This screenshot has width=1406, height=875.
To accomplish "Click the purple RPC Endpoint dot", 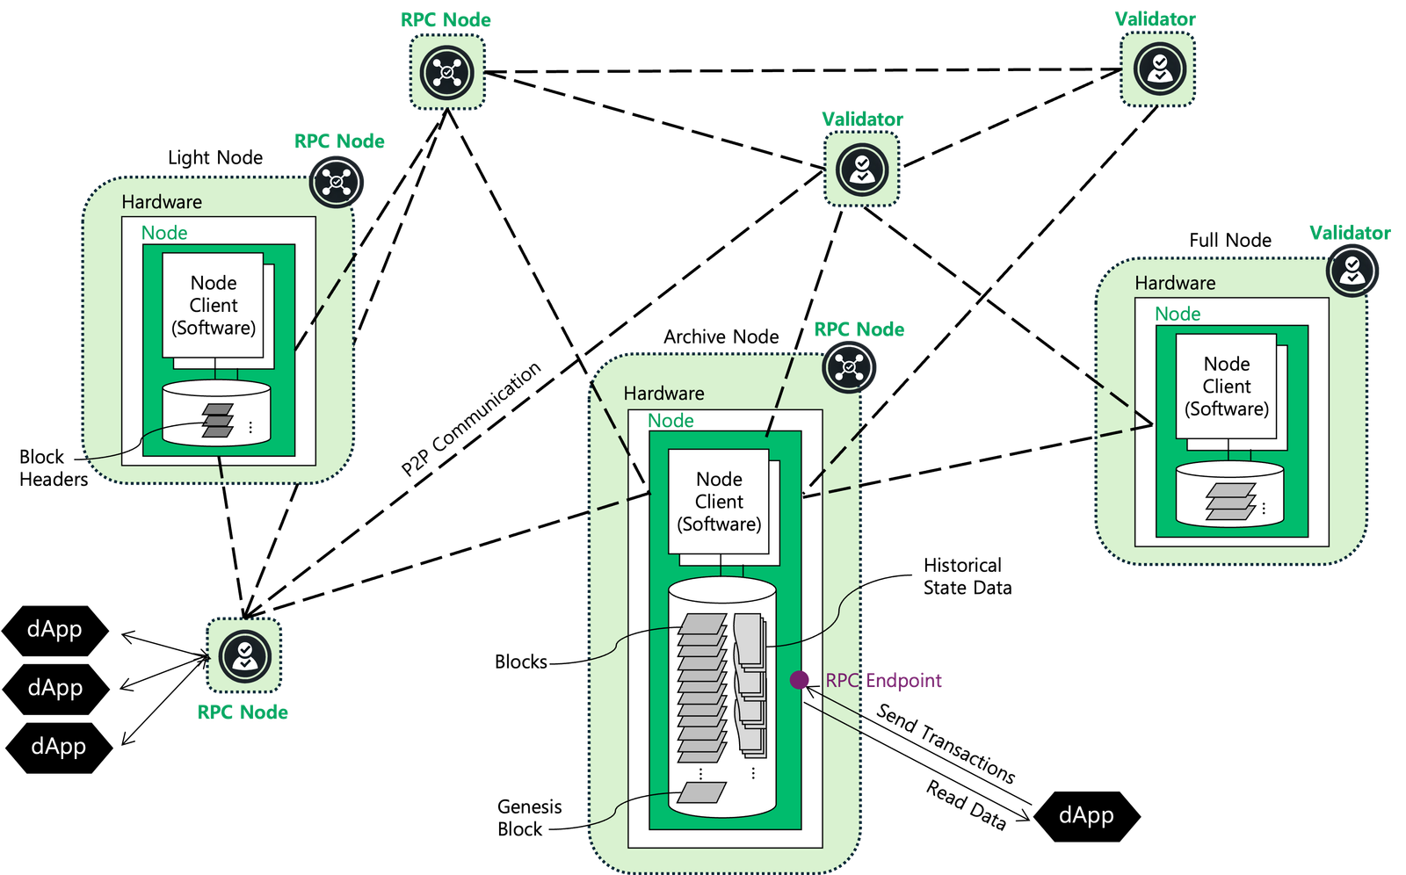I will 799,680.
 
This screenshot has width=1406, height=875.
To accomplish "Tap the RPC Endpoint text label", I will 883,681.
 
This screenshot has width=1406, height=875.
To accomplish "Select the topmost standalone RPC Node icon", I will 447,72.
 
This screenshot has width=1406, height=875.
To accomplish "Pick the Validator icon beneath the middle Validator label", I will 862,170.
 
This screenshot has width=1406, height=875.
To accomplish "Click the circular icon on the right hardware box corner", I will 1352,270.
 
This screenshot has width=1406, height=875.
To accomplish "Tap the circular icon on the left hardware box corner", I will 337,182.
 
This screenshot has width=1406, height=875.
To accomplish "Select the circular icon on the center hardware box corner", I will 849,366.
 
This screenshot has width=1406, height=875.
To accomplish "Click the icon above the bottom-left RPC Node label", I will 244,655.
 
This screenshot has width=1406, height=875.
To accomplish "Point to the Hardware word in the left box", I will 162,202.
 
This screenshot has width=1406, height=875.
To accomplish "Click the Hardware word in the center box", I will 663,394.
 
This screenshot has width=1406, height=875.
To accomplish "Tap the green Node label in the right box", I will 1178,315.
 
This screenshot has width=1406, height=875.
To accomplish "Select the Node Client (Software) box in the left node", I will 214,306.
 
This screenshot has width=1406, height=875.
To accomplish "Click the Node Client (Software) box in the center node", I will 719,502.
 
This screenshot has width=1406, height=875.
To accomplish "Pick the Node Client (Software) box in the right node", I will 1227,387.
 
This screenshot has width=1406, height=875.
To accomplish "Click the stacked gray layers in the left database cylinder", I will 218,420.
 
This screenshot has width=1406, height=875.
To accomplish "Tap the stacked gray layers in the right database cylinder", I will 1230,502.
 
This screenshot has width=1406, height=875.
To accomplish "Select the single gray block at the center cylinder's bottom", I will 702,792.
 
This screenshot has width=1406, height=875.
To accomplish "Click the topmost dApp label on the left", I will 54,629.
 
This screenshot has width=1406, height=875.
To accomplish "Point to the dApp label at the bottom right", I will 1086,815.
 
